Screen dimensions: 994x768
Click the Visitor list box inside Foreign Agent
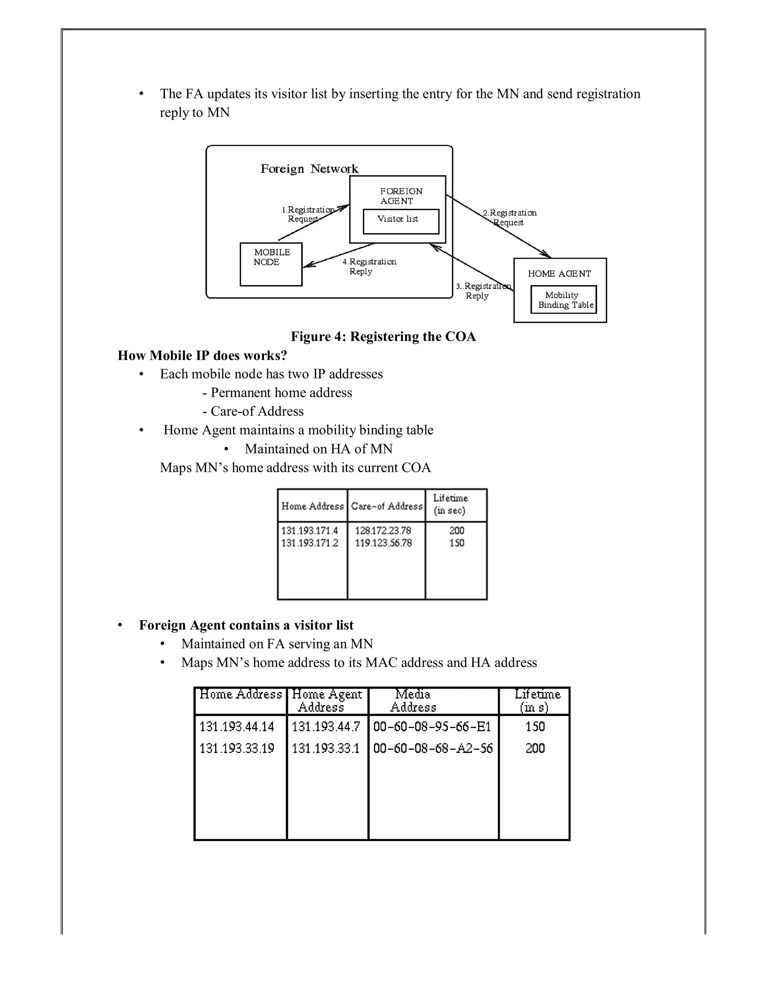[400, 221]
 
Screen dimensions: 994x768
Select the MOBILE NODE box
[271, 264]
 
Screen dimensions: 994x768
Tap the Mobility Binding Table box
[563, 299]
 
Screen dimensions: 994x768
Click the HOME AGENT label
[559, 273]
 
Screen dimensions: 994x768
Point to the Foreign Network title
[309, 169]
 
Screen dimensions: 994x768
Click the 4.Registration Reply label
[369, 266]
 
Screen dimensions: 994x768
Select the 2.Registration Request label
[510, 218]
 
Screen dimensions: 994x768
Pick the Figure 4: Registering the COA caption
[383, 336]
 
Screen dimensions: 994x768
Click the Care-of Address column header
[386, 506]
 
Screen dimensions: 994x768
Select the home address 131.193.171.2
[309, 543]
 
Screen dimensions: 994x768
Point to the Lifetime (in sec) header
[450, 504]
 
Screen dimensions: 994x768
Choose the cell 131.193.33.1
[325, 749]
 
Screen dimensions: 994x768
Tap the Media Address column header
[412, 701]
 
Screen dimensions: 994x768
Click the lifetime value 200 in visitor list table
[535, 749]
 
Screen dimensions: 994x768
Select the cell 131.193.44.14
[237, 727]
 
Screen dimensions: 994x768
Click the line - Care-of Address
[253, 411]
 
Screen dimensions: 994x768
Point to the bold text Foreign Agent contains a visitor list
[246, 625]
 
